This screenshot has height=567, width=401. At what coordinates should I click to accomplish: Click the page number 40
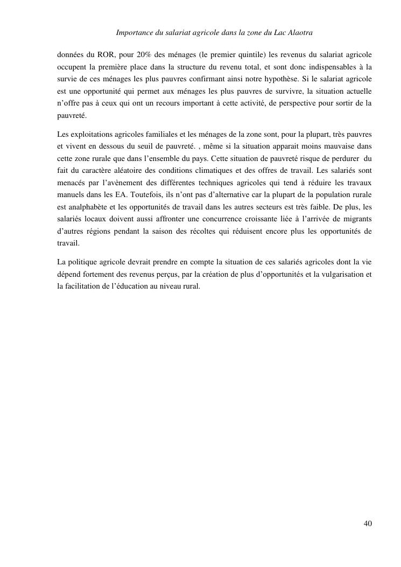[368, 523]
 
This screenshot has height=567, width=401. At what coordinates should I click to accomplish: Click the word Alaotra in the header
[299, 33]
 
